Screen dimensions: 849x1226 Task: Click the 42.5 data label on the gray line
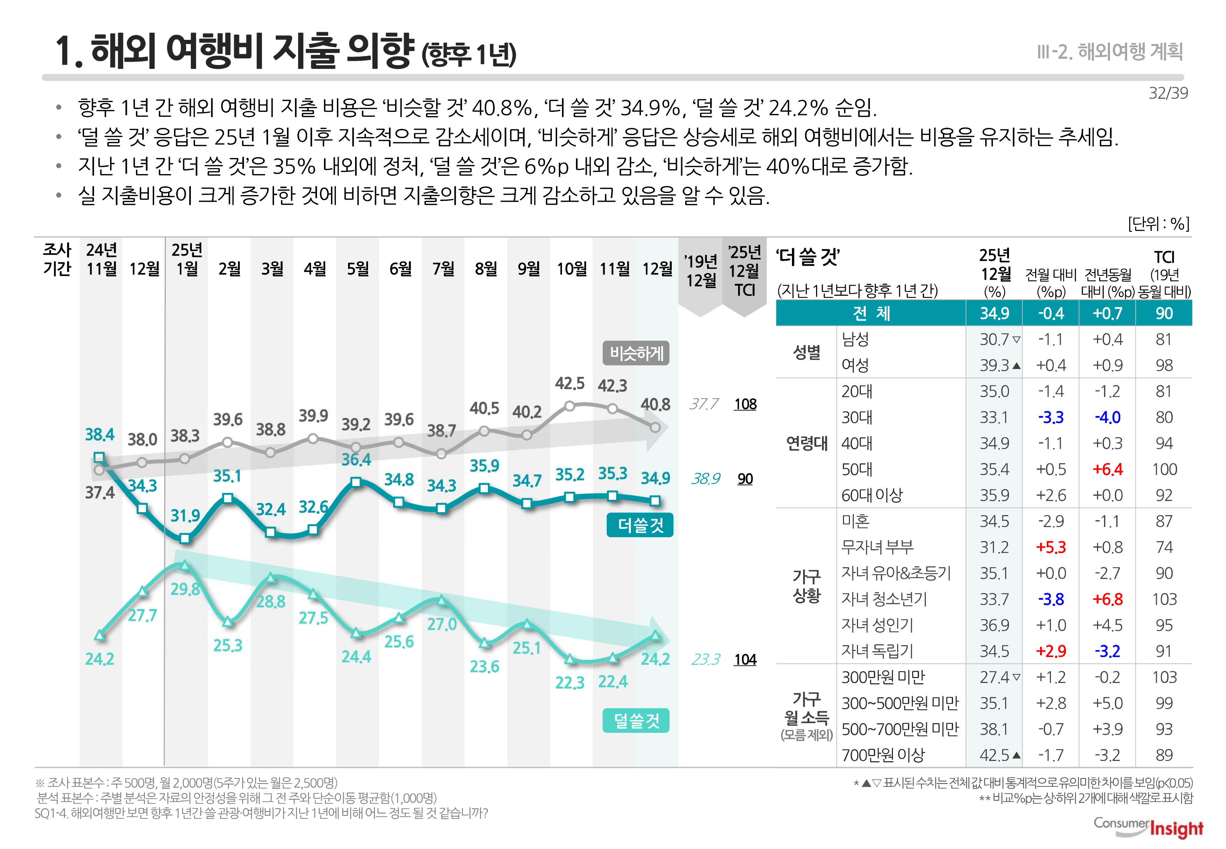570,383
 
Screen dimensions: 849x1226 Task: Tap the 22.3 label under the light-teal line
570,683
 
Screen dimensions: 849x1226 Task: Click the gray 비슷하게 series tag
636,353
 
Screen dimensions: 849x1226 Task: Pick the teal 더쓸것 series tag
640,525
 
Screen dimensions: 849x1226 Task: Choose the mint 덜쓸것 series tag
636,721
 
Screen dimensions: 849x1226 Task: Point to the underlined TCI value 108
745,404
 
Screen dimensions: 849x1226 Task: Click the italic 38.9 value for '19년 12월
705,479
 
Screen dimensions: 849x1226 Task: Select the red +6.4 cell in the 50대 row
1108,469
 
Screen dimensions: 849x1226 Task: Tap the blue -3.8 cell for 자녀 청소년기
1051,599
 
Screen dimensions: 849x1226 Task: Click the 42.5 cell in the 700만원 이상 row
994,755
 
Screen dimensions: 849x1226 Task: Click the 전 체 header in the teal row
871,313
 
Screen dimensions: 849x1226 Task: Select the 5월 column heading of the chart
358,269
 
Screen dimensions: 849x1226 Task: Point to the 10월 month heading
571,269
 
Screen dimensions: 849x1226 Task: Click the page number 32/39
1168,93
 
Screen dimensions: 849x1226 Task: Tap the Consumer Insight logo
1148,827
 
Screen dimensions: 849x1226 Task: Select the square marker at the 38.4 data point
99,458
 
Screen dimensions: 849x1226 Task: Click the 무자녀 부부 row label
877,547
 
